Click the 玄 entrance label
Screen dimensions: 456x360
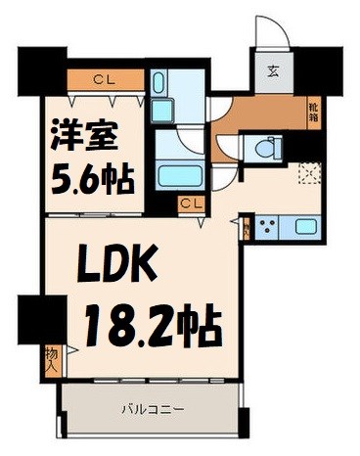tap(272, 70)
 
